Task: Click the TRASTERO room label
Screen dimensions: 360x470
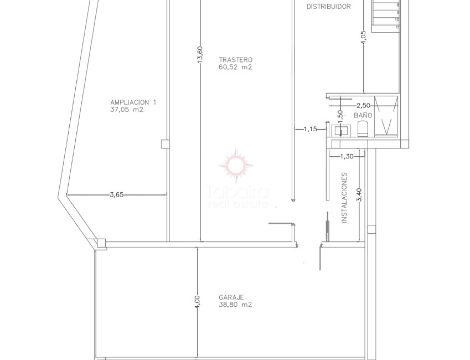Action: point(235,60)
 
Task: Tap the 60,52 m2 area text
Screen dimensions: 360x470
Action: point(235,68)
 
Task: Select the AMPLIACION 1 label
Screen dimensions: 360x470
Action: point(133,102)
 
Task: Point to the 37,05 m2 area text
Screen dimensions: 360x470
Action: point(127,110)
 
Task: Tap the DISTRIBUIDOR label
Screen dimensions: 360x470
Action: point(329,7)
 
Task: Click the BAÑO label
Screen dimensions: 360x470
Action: point(363,115)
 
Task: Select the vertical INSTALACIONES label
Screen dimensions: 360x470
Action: point(344,198)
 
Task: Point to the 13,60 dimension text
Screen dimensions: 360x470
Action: point(200,55)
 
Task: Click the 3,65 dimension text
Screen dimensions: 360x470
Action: point(117,194)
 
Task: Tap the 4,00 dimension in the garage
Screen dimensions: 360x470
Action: point(198,302)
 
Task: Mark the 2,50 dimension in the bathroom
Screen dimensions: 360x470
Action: point(363,105)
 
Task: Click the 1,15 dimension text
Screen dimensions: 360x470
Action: point(310,129)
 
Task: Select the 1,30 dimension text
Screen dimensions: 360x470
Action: point(347,157)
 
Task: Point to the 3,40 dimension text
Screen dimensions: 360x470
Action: point(359,195)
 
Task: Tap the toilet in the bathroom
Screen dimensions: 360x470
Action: point(363,129)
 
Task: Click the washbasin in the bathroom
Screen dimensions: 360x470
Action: point(339,130)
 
